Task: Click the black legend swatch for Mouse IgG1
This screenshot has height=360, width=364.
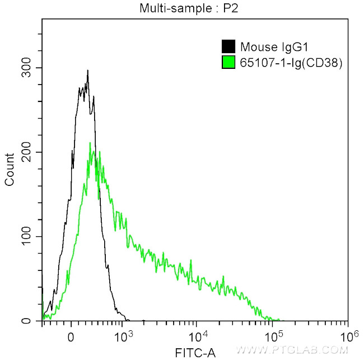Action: pos(228,47)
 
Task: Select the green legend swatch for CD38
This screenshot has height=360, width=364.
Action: pos(228,62)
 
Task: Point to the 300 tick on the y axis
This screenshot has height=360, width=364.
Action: pos(27,68)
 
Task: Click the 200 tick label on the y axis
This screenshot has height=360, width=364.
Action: pos(27,152)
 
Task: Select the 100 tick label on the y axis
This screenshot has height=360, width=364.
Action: pos(27,237)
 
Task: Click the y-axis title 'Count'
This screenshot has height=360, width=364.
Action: pos(10,169)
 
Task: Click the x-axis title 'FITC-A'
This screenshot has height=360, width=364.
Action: pos(194,353)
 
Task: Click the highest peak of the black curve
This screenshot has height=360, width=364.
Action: pos(88,71)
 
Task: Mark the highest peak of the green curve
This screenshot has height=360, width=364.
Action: pos(90,143)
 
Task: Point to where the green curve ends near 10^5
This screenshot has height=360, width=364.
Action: pos(280,320)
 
